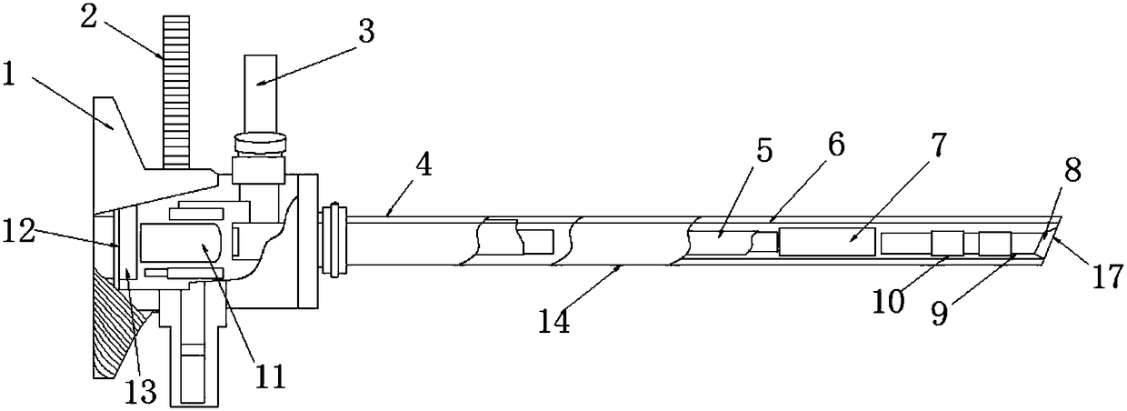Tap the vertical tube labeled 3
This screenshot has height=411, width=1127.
tap(261, 91)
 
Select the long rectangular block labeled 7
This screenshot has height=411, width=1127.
tap(826, 242)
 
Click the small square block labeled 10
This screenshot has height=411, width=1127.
tap(947, 244)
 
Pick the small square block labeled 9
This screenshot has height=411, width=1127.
tap(994, 243)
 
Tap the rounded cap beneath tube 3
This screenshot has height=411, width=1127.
tap(260, 143)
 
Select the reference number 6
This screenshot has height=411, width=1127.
tap(835, 145)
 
